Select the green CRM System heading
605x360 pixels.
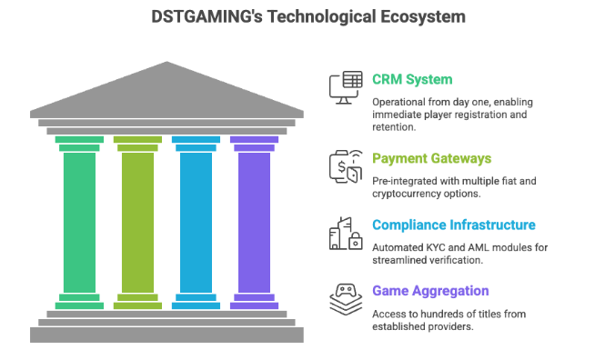[x=412, y=79]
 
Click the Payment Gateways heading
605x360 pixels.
[x=431, y=158]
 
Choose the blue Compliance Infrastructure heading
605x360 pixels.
[x=453, y=225]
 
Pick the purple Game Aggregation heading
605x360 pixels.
[x=430, y=291]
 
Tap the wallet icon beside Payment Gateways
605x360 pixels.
[x=344, y=167]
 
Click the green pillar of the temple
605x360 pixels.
[x=79, y=222]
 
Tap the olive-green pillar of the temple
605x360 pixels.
[x=137, y=222]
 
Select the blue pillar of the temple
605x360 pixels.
[x=196, y=222]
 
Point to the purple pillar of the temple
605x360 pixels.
[x=254, y=222]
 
